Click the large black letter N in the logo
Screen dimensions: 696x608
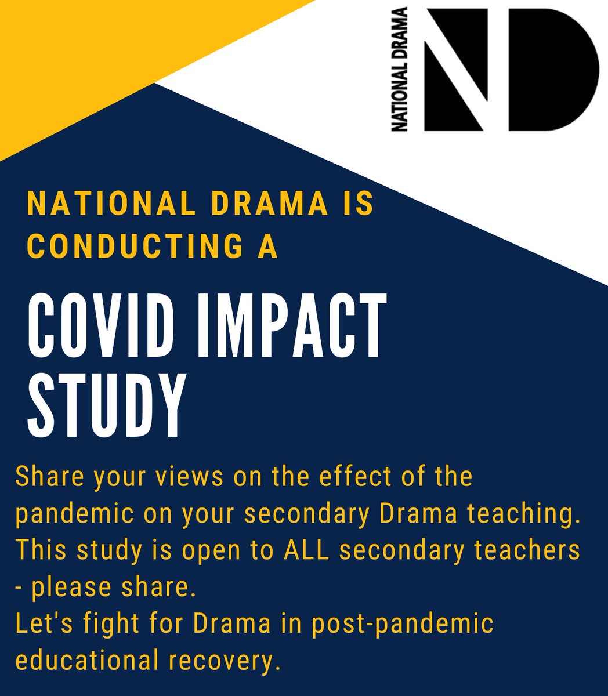coord(458,70)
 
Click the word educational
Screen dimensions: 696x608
coord(93,660)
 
